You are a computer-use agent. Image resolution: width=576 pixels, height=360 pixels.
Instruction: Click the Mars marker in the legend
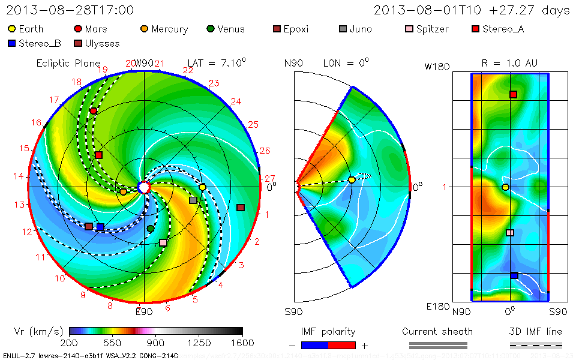click(x=77, y=29)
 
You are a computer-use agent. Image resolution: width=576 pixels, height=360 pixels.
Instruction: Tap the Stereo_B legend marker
click(x=11, y=43)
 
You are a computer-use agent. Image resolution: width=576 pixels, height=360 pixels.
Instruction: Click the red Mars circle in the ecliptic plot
click(x=94, y=111)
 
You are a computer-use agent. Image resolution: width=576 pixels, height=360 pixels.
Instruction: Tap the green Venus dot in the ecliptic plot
click(x=151, y=229)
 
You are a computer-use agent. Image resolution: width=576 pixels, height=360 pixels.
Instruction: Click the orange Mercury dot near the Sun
click(x=123, y=192)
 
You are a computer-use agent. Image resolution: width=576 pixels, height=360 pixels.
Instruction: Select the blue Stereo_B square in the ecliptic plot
click(x=100, y=227)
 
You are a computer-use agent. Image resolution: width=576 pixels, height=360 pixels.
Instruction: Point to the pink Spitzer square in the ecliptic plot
click(x=163, y=242)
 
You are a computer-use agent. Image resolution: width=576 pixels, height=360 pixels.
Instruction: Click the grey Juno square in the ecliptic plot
click(x=193, y=200)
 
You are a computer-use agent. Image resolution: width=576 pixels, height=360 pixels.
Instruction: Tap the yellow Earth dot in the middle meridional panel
click(x=352, y=180)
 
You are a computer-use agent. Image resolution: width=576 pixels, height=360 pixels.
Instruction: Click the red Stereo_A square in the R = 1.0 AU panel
click(x=513, y=95)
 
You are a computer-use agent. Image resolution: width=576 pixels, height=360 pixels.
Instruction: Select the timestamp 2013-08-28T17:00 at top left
click(x=70, y=10)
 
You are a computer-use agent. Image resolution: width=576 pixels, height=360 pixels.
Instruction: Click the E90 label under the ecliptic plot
click(x=144, y=312)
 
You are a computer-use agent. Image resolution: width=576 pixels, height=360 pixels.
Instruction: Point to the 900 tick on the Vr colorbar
click(x=155, y=343)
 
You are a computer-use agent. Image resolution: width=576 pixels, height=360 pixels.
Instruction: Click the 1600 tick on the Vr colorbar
click(x=242, y=343)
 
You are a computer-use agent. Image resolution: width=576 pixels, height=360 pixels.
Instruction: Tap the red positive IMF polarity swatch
click(x=342, y=345)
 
